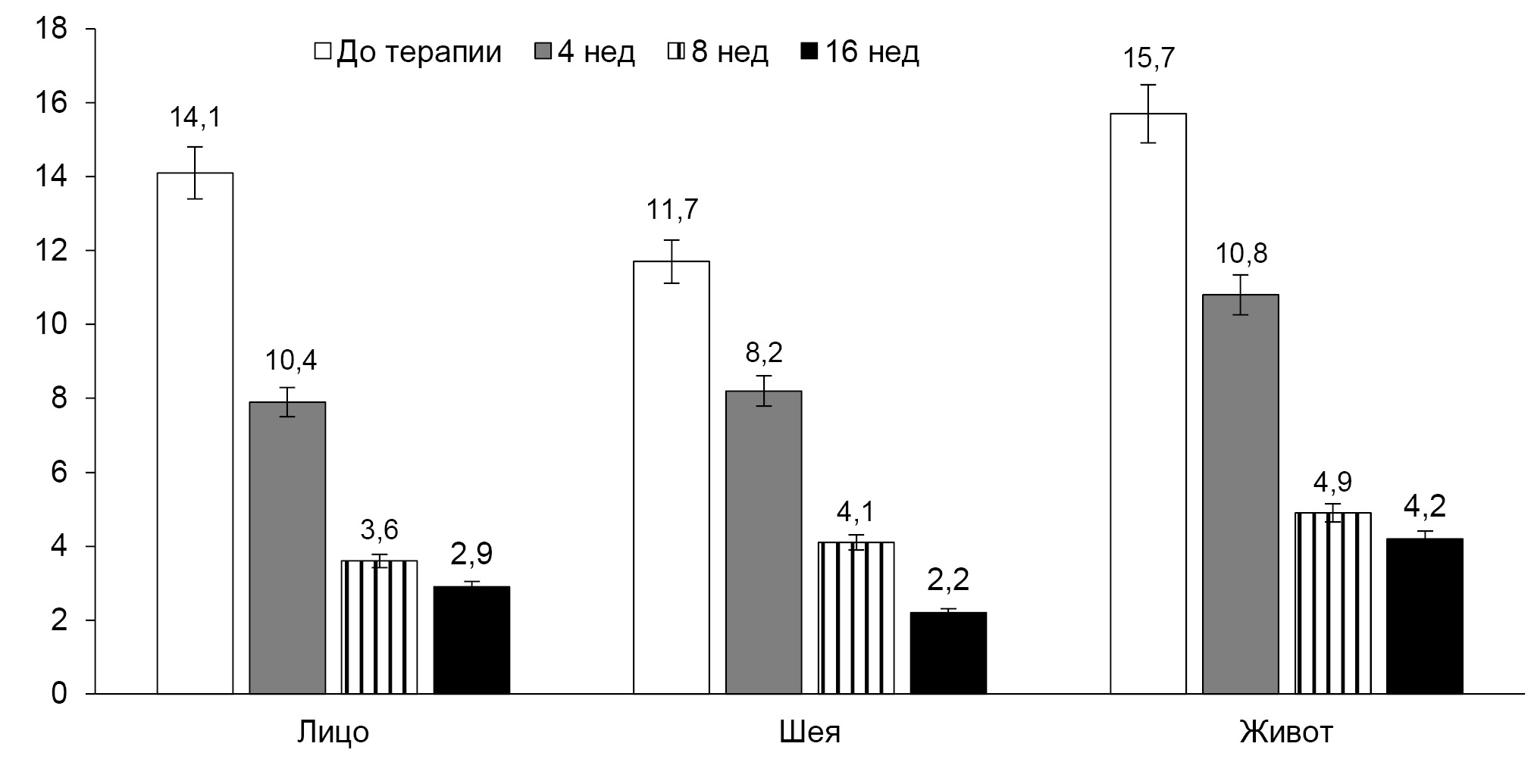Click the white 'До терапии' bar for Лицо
(195, 433)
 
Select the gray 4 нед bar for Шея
(763, 542)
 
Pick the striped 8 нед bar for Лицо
(379, 626)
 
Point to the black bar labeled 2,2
(948, 652)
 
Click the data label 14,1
(195, 118)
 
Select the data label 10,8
(1241, 253)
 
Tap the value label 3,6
(379, 529)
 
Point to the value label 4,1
(856, 512)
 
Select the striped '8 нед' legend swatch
(676, 52)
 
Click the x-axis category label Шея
(809, 733)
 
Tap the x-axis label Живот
(1286, 733)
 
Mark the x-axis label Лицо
(333, 733)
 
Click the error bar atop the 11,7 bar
(672, 261)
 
